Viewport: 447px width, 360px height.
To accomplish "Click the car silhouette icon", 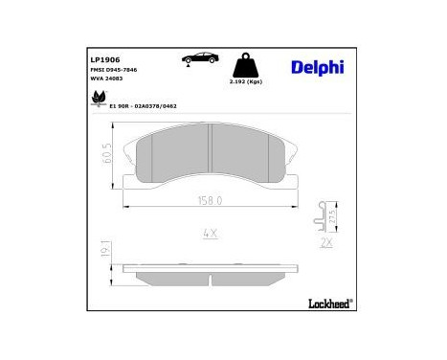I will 198,60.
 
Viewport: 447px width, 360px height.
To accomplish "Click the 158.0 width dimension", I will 209,201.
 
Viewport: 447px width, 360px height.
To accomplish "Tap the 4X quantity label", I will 210,233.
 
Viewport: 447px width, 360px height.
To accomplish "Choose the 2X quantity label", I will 327,242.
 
